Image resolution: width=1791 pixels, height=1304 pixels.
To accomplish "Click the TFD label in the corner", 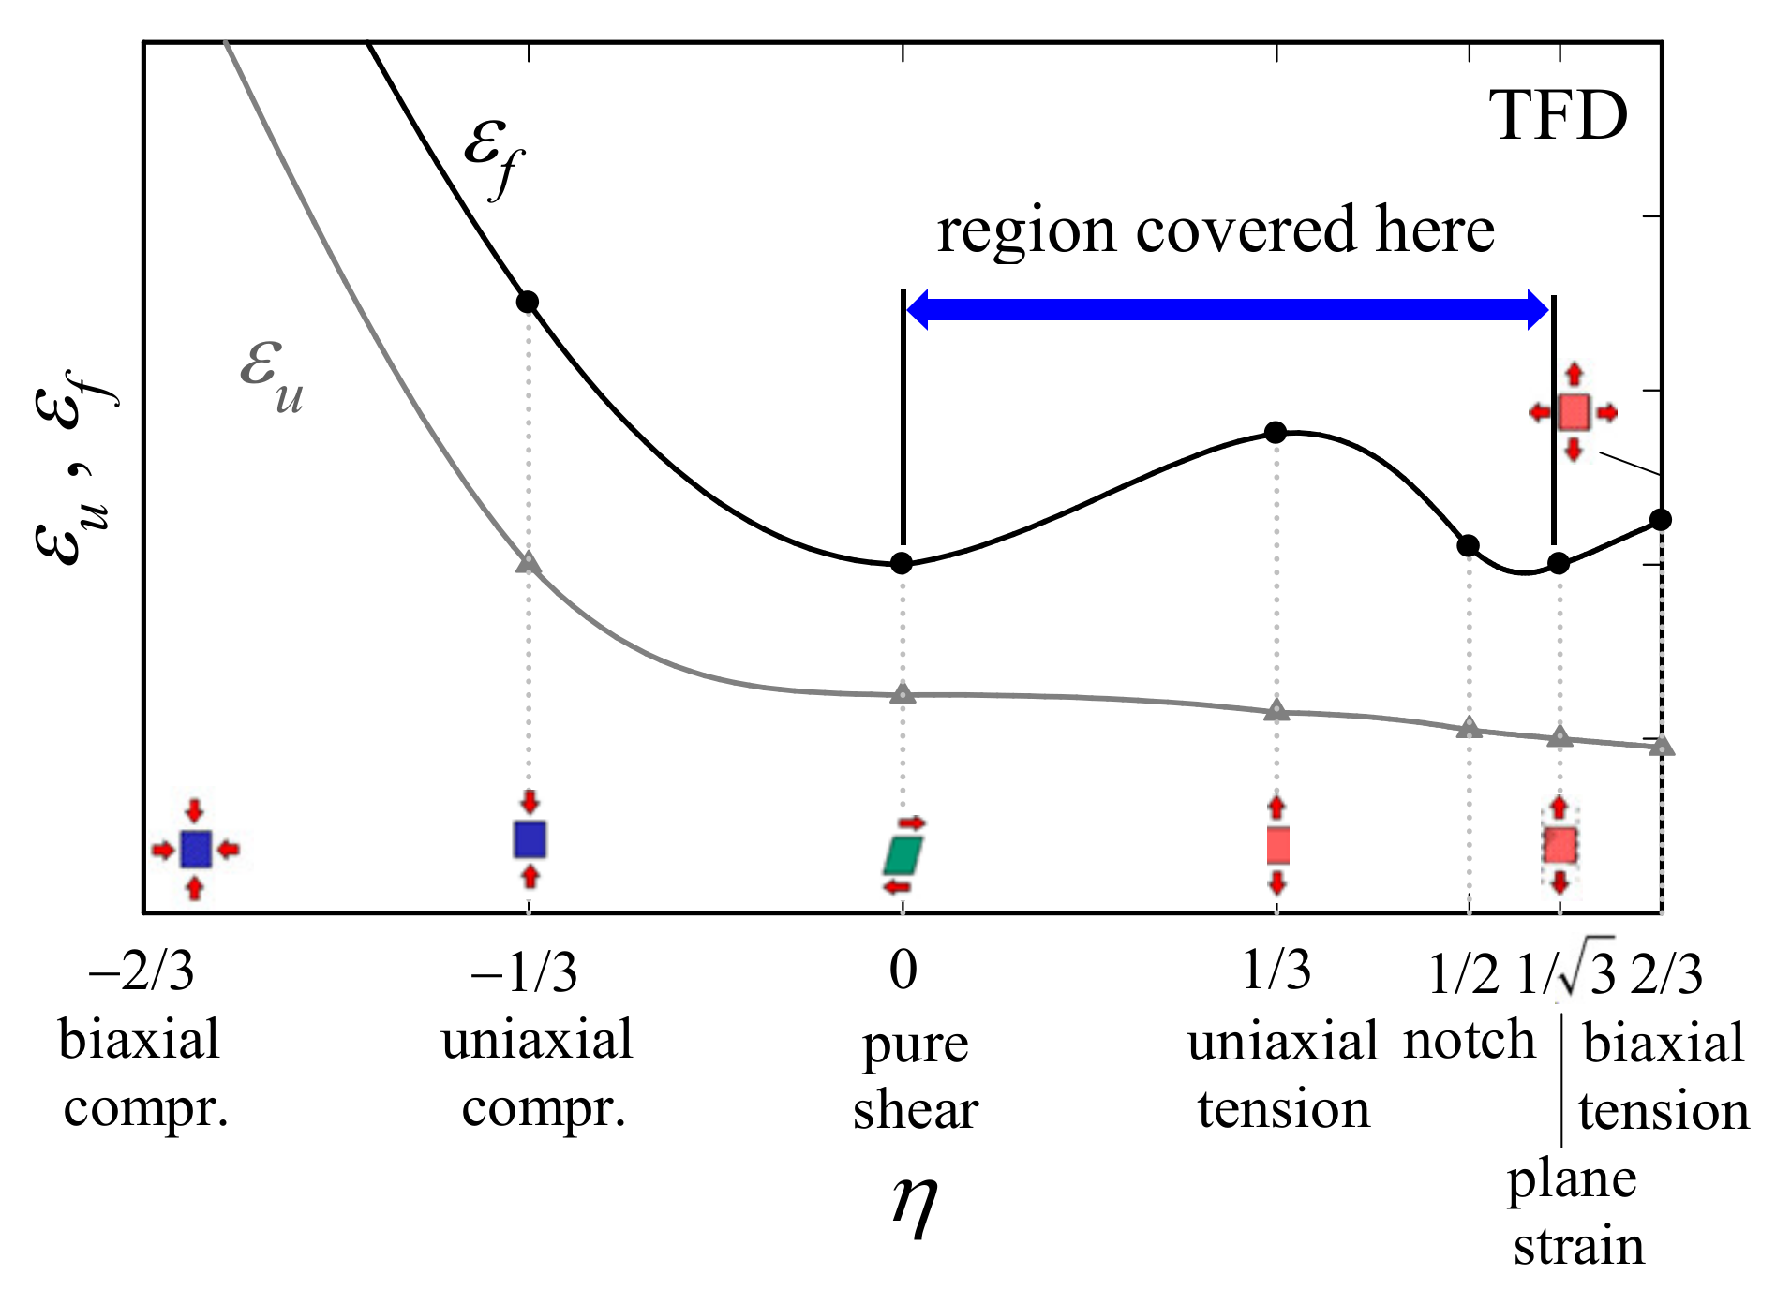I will click(x=1558, y=118).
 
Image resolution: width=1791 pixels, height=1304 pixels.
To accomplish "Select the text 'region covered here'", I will click(x=1216, y=230).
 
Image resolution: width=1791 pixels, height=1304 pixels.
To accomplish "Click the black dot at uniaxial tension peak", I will click(x=1276, y=433).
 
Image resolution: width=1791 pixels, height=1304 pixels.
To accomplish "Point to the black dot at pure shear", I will click(x=902, y=563).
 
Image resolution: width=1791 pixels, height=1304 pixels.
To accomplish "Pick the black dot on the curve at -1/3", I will click(x=528, y=302).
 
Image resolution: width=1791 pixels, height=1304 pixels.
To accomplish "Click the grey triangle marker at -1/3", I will click(x=529, y=562).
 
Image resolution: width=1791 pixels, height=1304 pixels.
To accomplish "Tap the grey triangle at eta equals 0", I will click(x=903, y=694).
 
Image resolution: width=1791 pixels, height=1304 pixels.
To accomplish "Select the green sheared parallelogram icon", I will click(x=903, y=854).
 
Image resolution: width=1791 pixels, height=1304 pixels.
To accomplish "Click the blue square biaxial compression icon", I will click(x=195, y=850).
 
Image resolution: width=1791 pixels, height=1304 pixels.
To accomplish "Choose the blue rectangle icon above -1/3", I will click(x=530, y=839).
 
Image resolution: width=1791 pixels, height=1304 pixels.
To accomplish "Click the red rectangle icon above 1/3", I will click(x=1277, y=845).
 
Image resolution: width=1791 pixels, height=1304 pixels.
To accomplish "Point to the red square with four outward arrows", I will click(x=1574, y=412).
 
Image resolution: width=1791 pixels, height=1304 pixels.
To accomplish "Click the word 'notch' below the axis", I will click(x=1469, y=1042).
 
